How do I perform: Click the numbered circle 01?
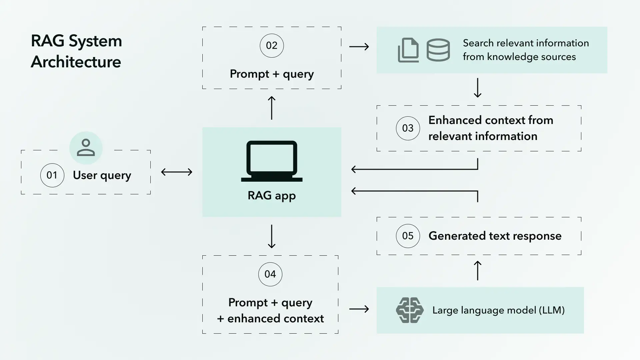click(x=52, y=175)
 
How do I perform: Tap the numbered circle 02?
click(x=272, y=46)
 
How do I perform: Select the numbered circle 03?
click(x=408, y=128)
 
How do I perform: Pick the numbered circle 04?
click(x=270, y=274)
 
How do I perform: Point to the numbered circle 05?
click(x=408, y=236)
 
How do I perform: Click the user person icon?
click(x=86, y=148)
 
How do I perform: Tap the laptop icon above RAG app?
click(x=272, y=161)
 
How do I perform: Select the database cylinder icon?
click(x=438, y=50)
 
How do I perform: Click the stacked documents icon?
click(x=408, y=50)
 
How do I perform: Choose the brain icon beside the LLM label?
click(x=410, y=310)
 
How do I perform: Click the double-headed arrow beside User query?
click(x=177, y=172)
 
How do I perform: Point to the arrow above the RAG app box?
click(x=272, y=108)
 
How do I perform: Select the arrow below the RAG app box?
click(x=272, y=236)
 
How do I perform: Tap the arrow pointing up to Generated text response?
click(x=477, y=270)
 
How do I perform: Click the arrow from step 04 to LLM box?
click(x=359, y=309)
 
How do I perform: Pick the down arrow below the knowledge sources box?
click(x=477, y=88)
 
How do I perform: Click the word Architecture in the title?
click(x=76, y=62)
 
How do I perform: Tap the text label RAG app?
click(x=272, y=196)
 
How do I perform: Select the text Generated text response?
click(x=495, y=236)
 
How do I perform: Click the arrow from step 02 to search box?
click(x=359, y=46)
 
